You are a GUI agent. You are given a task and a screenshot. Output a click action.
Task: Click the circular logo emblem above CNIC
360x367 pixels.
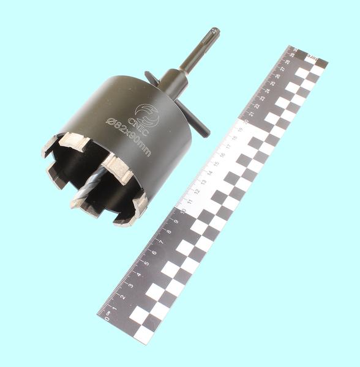149,114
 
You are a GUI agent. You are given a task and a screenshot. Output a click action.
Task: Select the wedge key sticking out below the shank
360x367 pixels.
197,125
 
